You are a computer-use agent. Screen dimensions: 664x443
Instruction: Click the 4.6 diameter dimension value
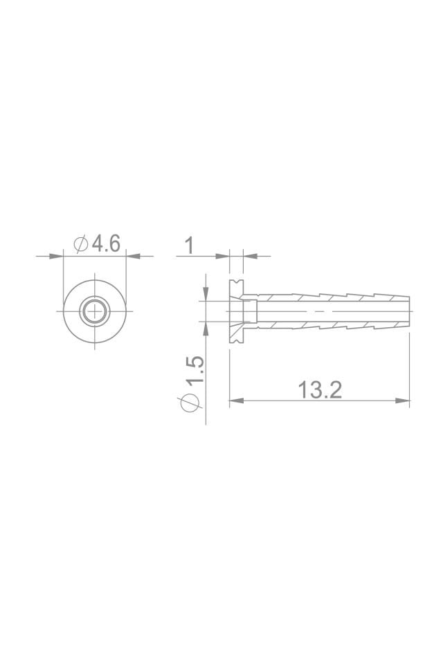pos(106,243)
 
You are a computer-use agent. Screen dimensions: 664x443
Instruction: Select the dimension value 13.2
pos(320,389)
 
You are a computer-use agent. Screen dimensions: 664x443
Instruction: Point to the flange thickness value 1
pos(188,245)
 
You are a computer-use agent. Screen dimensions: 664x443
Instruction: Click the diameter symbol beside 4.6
pos(80,244)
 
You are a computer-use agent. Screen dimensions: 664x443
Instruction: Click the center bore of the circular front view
pos(95,312)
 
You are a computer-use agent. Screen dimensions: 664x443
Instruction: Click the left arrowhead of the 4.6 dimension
pos(58,256)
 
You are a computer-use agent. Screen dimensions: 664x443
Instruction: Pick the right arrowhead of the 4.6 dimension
pos(132,256)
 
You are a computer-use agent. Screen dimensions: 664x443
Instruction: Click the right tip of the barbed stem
pos(408,311)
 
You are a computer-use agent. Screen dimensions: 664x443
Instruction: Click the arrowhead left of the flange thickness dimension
pos(224,256)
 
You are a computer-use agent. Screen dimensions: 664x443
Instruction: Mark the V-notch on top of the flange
pos(237,282)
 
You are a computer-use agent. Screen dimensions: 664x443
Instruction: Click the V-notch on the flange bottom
pos(237,341)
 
